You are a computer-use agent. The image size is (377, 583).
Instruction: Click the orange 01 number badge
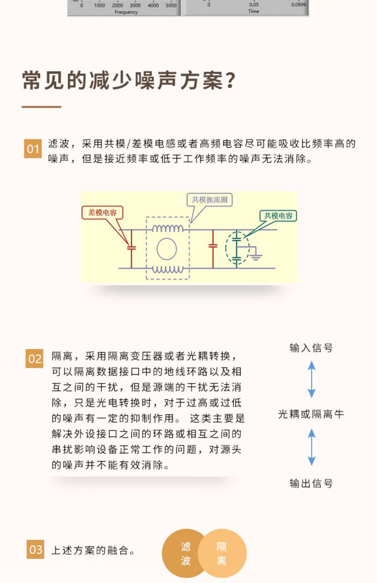(x=33, y=149)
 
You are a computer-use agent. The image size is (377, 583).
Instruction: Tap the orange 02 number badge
(x=34, y=359)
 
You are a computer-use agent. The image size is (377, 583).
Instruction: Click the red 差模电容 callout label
(x=102, y=213)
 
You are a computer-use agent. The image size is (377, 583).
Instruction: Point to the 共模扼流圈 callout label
(x=209, y=200)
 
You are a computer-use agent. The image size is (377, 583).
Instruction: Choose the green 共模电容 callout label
(x=278, y=216)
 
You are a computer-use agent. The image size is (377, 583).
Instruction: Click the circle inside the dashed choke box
(x=167, y=249)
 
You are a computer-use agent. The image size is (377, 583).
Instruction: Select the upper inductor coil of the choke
(x=168, y=228)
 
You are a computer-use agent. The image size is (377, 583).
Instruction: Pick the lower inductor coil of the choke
(x=168, y=270)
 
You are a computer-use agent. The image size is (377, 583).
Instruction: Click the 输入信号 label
(x=311, y=348)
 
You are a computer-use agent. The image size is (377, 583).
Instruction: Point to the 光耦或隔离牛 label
(x=311, y=414)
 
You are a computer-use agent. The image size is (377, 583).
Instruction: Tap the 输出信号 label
(x=311, y=483)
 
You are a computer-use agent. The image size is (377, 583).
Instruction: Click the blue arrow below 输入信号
(x=312, y=379)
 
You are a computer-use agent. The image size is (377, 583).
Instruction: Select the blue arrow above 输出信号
(x=312, y=447)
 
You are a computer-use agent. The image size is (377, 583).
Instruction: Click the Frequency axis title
(x=126, y=12)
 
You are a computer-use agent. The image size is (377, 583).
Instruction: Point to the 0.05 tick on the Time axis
(x=254, y=5)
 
